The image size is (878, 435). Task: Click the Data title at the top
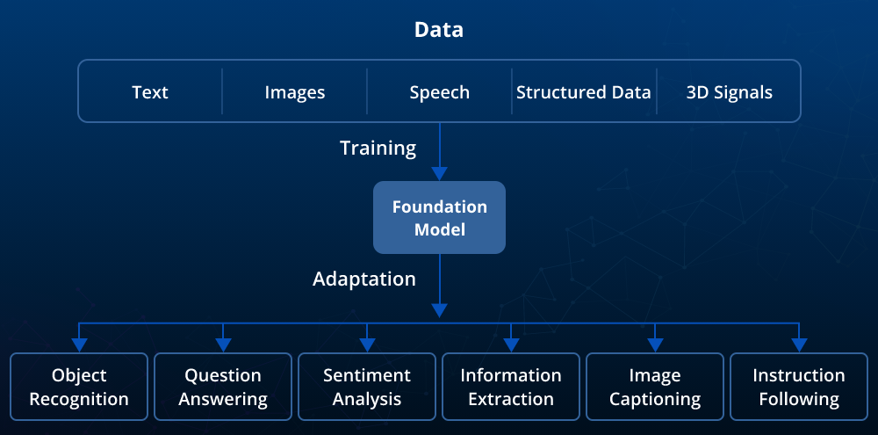[439, 30]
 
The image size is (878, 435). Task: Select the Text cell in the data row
[150, 92]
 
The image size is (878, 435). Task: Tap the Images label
[295, 92]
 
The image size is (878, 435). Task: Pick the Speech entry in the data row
[439, 92]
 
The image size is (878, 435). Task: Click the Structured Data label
[584, 92]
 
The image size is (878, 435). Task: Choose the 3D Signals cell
[729, 92]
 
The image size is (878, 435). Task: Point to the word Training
[378, 148]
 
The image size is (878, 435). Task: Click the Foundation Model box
[439, 218]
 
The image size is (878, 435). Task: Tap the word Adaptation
[364, 279]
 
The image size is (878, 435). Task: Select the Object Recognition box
[79, 387]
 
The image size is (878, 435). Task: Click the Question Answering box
[223, 387]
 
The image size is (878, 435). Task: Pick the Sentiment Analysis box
[367, 387]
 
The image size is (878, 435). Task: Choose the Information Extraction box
[511, 387]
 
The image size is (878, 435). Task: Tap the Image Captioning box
[655, 387]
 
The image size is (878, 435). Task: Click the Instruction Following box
[799, 387]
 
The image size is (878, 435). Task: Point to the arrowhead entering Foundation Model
[439, 173]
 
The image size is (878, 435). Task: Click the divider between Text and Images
[222, 91]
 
